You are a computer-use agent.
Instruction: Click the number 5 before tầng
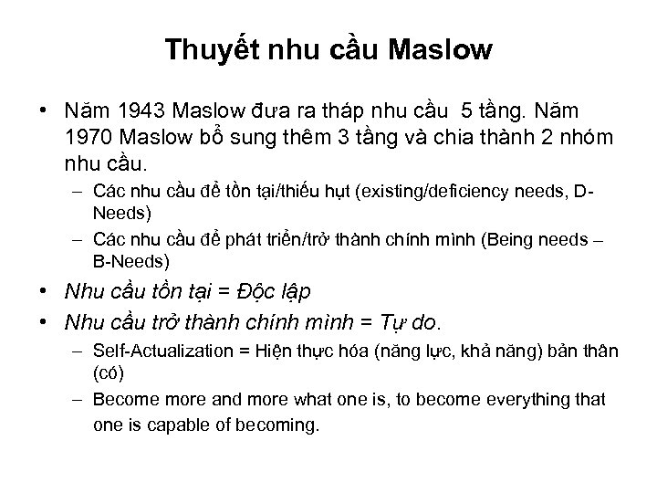click(467, 111)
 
